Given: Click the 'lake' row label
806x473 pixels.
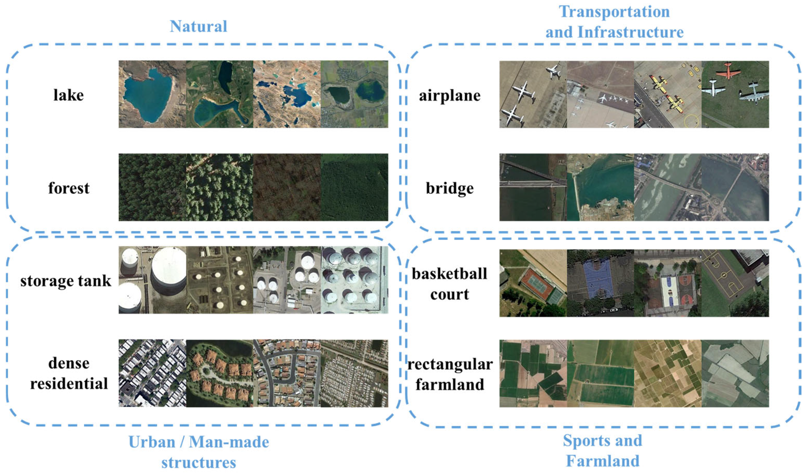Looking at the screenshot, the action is coord(68,95).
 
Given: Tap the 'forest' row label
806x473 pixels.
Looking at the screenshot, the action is coord(69,188).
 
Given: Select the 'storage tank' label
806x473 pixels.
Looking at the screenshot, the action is coord(66,281).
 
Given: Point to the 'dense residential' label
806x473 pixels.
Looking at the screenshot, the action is coord(69,373).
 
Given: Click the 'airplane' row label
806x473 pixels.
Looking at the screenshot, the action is coord(450,95).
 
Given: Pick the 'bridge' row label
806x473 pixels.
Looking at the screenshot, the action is coord(450,188).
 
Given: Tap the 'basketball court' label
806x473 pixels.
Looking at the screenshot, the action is coord(450,284).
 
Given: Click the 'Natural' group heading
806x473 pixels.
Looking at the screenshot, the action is coord(198,26).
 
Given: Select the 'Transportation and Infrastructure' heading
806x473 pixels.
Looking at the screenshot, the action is coord(614,22).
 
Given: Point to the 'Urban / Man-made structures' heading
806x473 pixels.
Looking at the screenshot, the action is coord(199,452).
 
